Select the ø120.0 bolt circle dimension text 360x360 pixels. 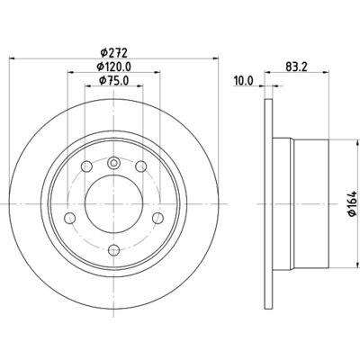point(113,67)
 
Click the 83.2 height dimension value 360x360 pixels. point(292,65)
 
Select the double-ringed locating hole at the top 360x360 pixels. point(113,163)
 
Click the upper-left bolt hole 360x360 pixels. point(86,167)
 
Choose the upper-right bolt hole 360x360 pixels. point(140,167)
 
